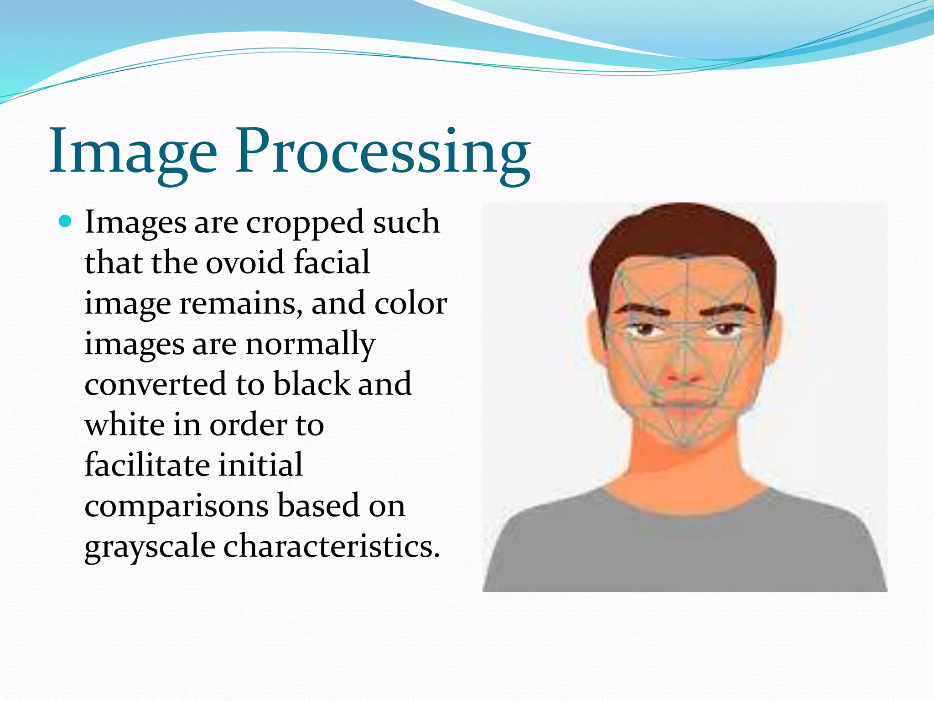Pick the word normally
click(x=310, y=344)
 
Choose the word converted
click(x=156, y=384)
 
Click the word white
click(x=125, y=424)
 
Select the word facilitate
click(x=147, y=465)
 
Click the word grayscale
click(x=150, y=547)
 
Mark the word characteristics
click(x=331, y=546)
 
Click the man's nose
click(x=683, y=372)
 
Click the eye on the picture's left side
click(x=643, y=330)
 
